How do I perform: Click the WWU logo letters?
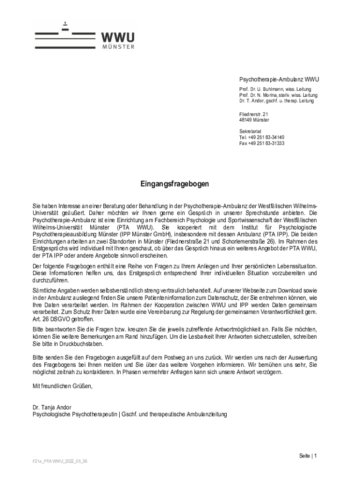[118, 37]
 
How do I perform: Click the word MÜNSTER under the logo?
[118, 47]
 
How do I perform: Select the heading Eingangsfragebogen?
[175, 184]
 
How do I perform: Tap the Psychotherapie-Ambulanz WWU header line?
[276, 79]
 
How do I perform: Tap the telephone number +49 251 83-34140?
[266, 138]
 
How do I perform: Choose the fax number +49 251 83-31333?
[266, 144]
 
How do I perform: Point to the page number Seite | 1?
[308, 456]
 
